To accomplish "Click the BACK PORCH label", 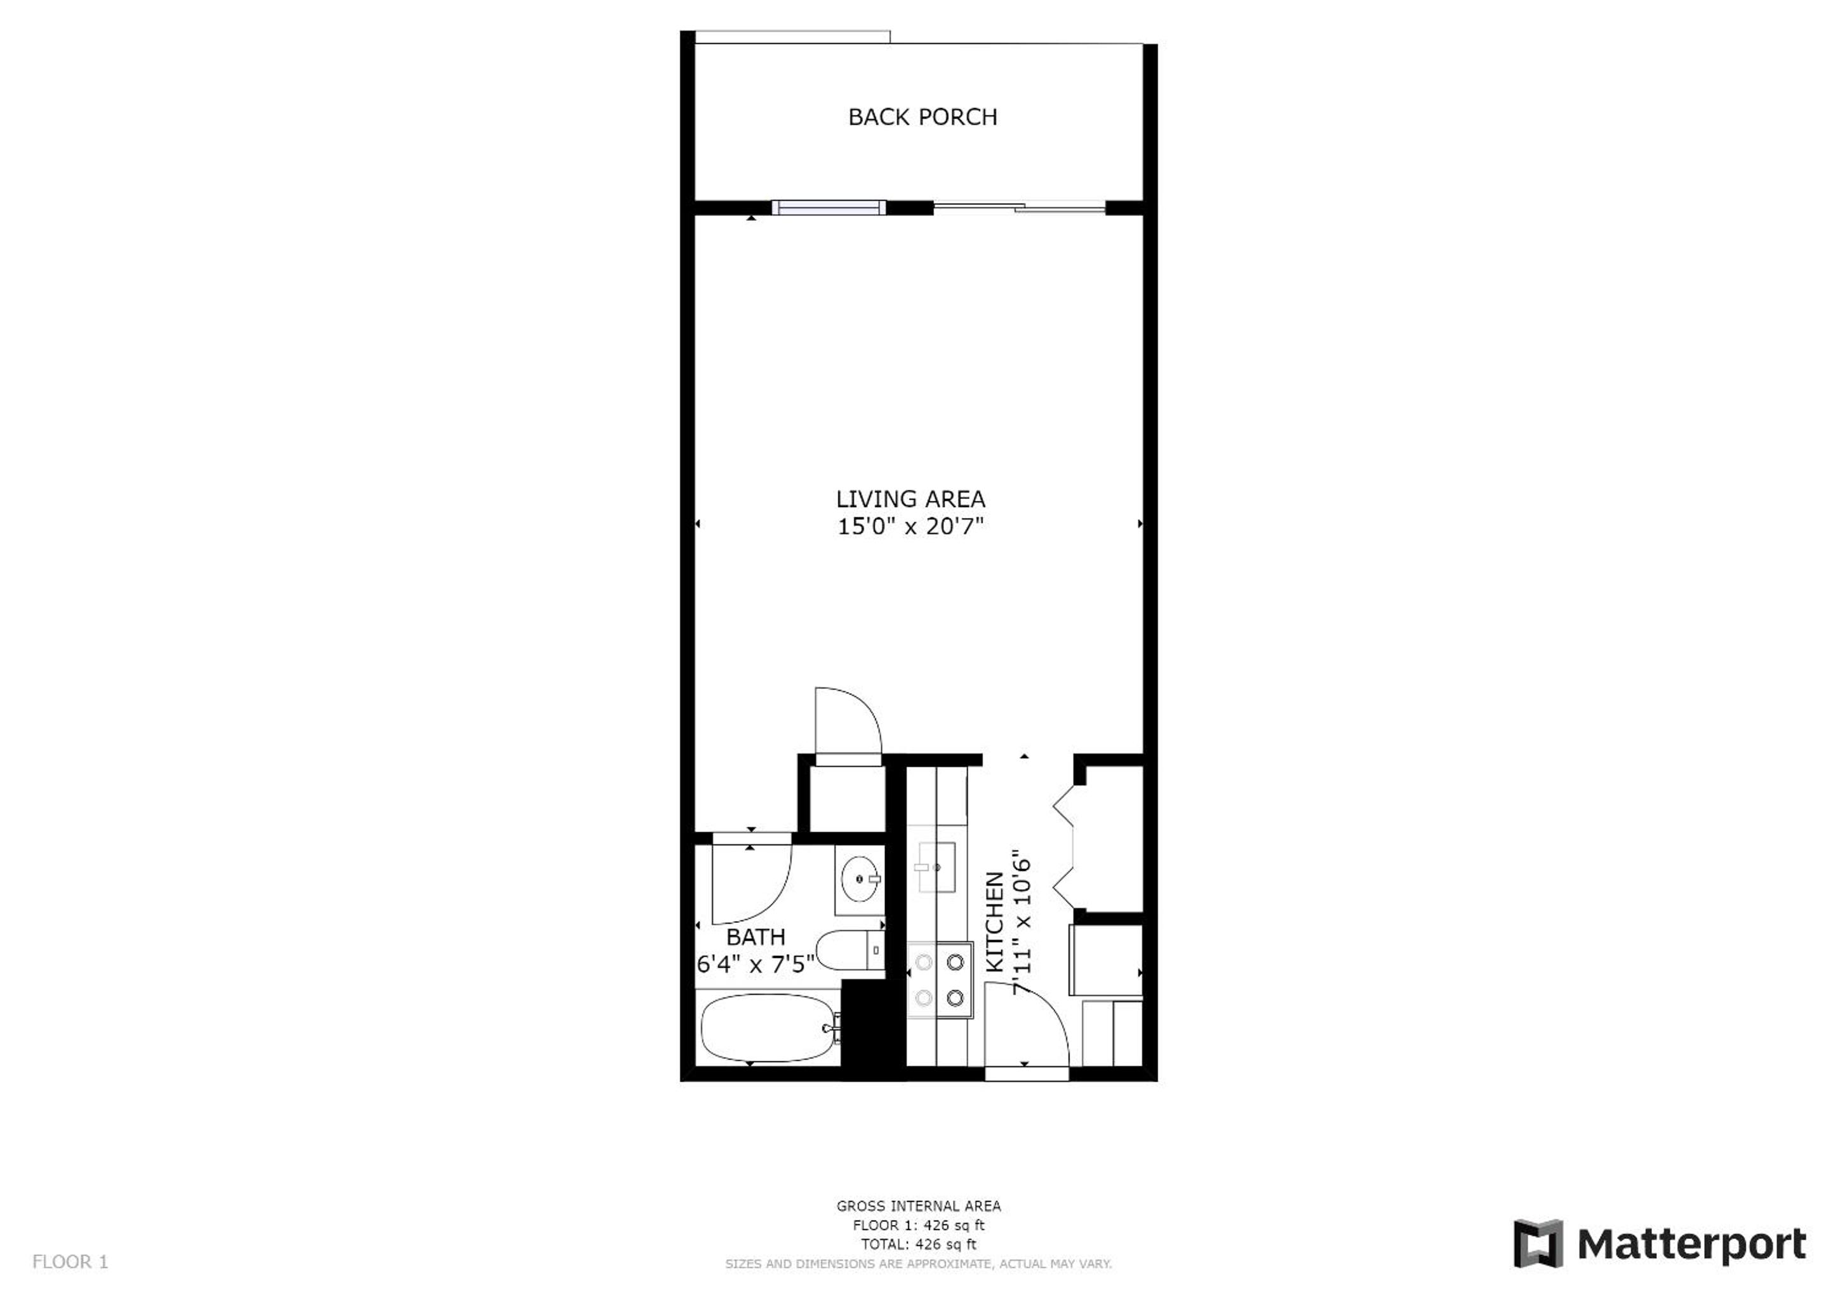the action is (922, 117).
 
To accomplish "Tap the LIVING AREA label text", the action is (910, 499).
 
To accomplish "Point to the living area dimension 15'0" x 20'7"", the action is (910, 526).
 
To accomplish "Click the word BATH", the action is (756, 936).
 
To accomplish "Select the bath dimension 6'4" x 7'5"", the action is (756, 964).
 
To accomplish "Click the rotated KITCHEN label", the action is (994, 922).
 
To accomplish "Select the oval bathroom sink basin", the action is (860, 878).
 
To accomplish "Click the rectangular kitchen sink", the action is (936, 868).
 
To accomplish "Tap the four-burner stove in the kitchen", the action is (939, 981).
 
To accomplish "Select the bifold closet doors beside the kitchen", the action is (1064, 846).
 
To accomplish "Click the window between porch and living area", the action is (829, 208).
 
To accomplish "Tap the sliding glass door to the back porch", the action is (1019, 208).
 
